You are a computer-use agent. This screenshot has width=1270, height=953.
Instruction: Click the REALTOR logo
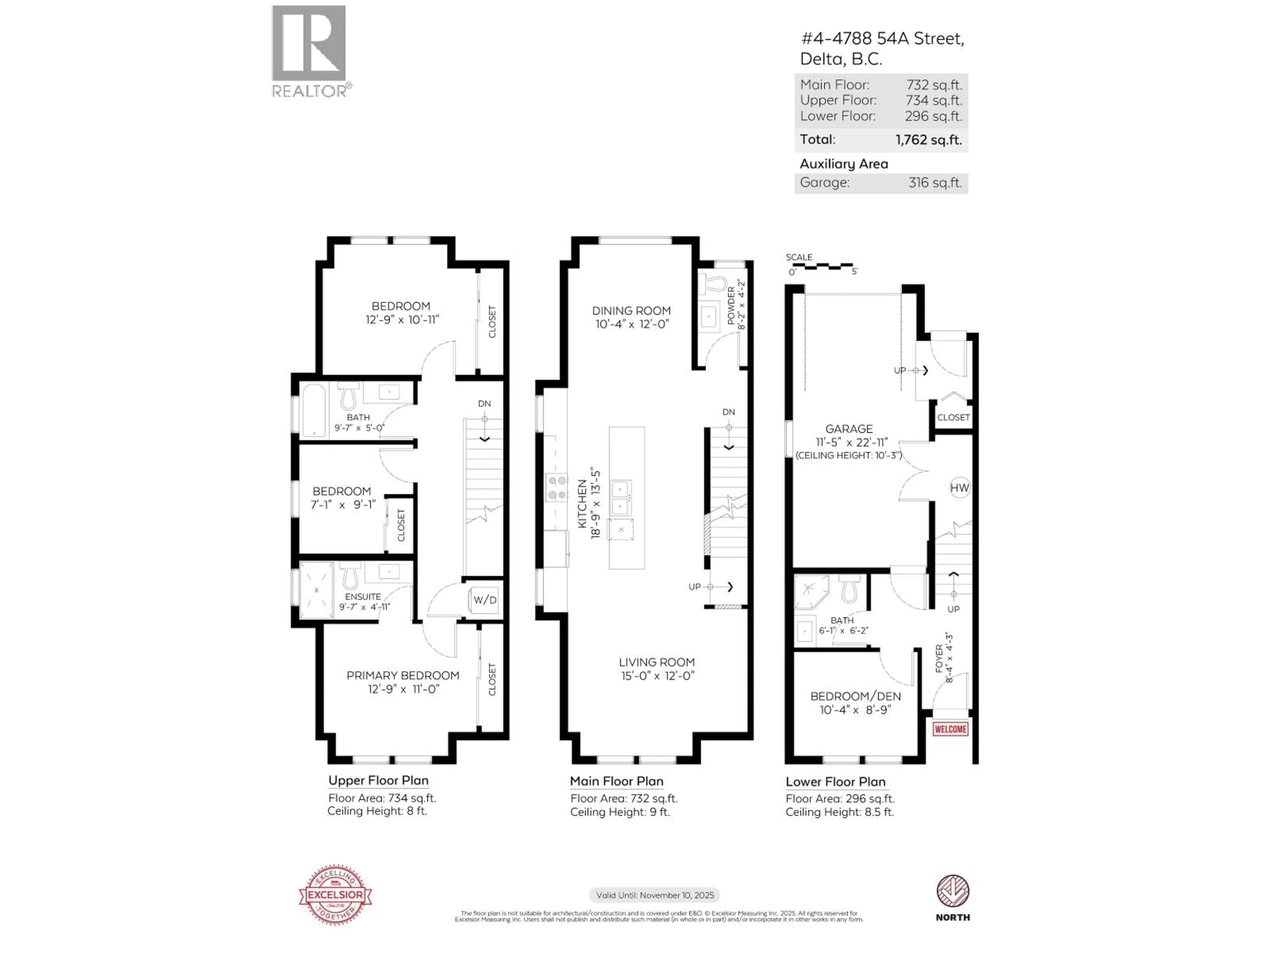[x=309, y=51]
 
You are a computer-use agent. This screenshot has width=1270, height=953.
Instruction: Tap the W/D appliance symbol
[x=485, y=600]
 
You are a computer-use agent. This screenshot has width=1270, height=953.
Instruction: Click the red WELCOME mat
[x=950, y=729]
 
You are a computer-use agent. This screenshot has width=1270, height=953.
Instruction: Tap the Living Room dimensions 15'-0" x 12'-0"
[x=657, y=676]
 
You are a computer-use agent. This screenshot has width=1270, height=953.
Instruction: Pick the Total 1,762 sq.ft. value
[x=928, y=140]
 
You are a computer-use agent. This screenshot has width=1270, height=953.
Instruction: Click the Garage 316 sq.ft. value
[x=935, y=183]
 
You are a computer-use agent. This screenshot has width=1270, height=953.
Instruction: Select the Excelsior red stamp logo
[x=335, y=894]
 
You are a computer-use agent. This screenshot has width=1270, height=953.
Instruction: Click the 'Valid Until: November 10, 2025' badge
[x=655, y=895]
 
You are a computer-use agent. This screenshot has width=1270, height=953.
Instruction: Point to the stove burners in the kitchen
[x=556, y=487]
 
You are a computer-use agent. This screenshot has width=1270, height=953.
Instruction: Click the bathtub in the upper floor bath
[x=314, y=410]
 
